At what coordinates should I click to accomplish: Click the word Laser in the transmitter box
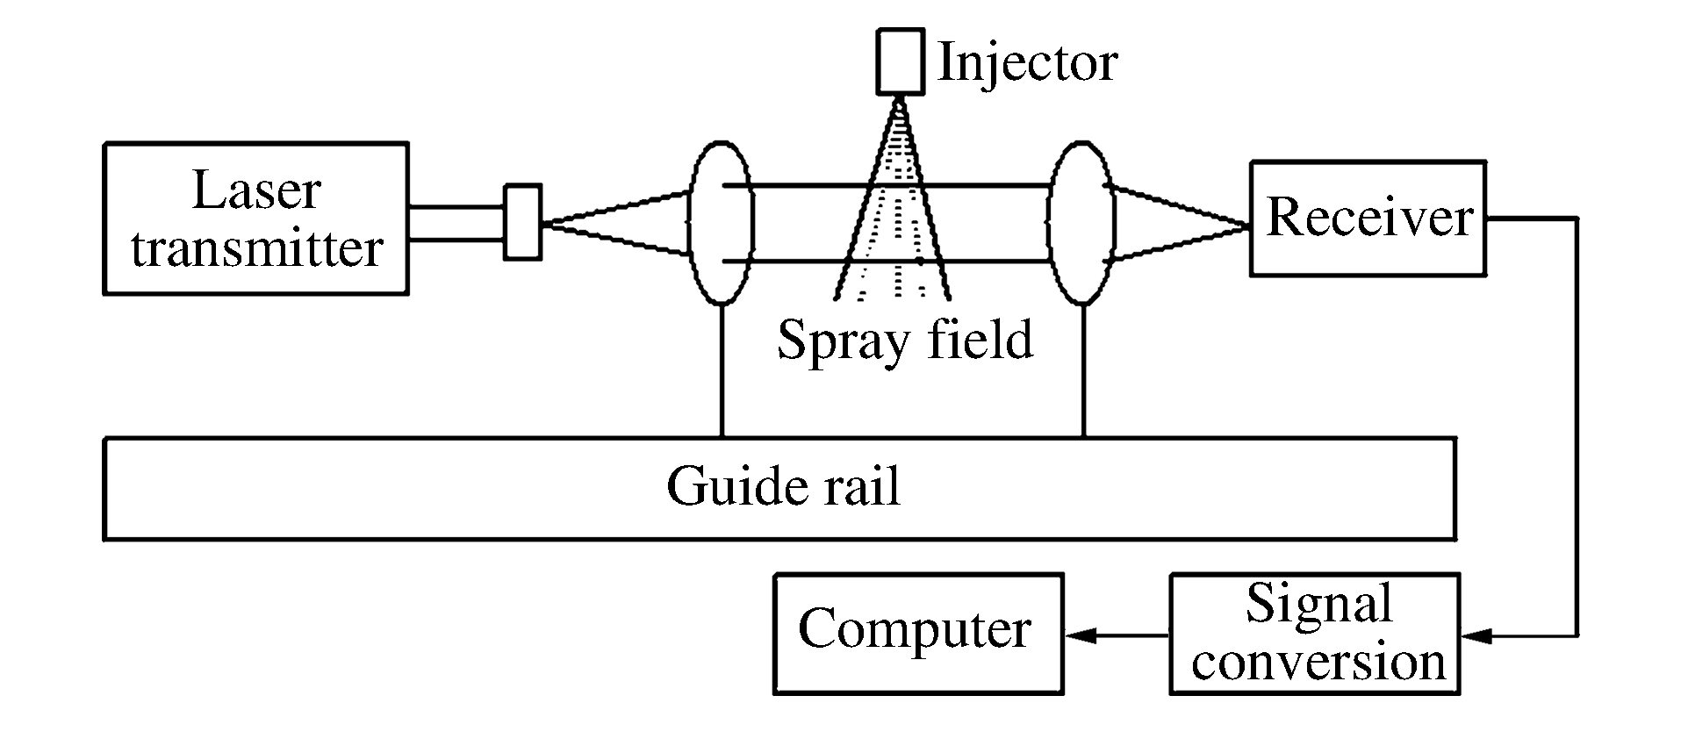pos(255,191)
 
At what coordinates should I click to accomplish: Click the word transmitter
pos(256,248)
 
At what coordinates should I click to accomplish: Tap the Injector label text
pos(1027,62)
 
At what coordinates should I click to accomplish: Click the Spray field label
pos(905,340)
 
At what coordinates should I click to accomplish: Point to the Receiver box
pos(1368,219)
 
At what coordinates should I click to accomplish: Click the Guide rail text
pos(783,486)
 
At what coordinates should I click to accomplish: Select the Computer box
pos(917,634)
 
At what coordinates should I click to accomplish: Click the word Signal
pos(1318,604)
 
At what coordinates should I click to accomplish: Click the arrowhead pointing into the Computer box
pos(1081,635)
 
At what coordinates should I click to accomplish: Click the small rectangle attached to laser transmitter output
pos(522,221)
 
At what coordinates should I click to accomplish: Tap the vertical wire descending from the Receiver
pos(1577,421)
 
